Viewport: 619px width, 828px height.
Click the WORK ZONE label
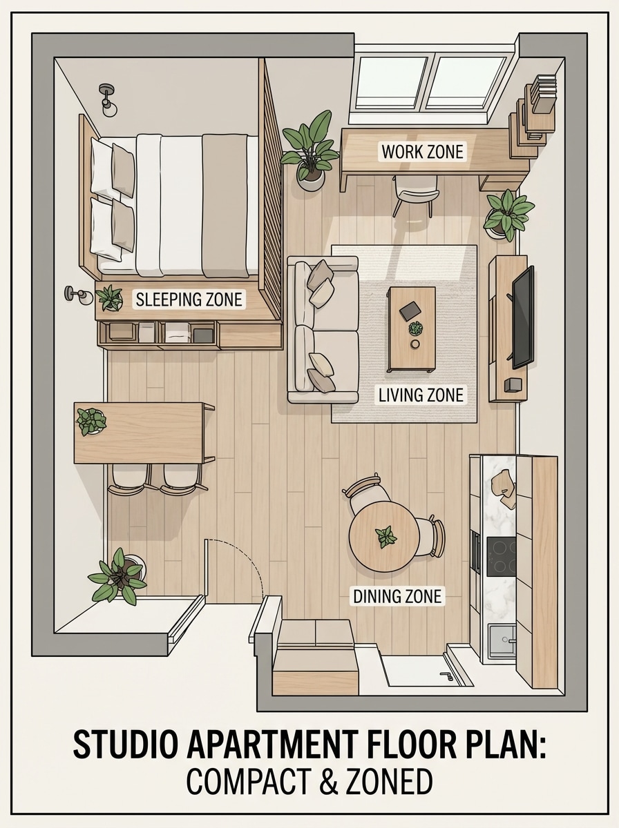(423, 151)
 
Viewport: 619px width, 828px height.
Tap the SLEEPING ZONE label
(189, 299)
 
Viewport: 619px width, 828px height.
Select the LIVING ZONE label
(421, 395)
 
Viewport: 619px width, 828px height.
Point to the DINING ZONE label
(397, 596)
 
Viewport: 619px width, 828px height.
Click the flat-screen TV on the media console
(522, 317)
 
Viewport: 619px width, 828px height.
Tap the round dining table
(384, 536)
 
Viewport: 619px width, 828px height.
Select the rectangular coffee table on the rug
(412, 328)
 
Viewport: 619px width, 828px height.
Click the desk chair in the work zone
(416, 191)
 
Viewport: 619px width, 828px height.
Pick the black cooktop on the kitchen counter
(501, 556)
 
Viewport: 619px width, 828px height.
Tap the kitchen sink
(501, 641)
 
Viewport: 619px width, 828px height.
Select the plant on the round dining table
(385, 536)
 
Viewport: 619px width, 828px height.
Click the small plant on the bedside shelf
(109, 298)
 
